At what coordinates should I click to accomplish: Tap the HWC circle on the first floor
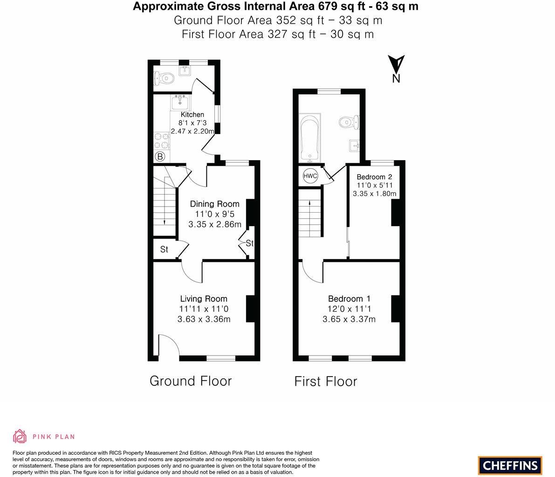click(x=310, y=176)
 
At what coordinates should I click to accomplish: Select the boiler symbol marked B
click(x=160, y=157)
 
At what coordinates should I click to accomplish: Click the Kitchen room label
click(x=192, y=114)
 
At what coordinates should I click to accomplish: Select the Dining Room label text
click(x=214, y=204)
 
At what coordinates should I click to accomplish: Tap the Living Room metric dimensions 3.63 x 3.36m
click(x=204, y=319)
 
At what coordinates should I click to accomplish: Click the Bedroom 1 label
click(x=349, y=299)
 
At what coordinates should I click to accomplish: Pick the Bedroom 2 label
click(x=374, y=177)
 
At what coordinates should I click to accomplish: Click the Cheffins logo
click(x=510, y=465)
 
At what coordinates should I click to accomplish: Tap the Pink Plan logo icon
click(x=20, y=436)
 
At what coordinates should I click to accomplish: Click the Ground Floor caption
click(x=191, y=381)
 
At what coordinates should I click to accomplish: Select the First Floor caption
click(x=326, y=382)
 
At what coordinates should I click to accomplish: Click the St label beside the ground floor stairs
click(x=164, y=249)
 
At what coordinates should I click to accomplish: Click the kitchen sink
click(x=180, y=101)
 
